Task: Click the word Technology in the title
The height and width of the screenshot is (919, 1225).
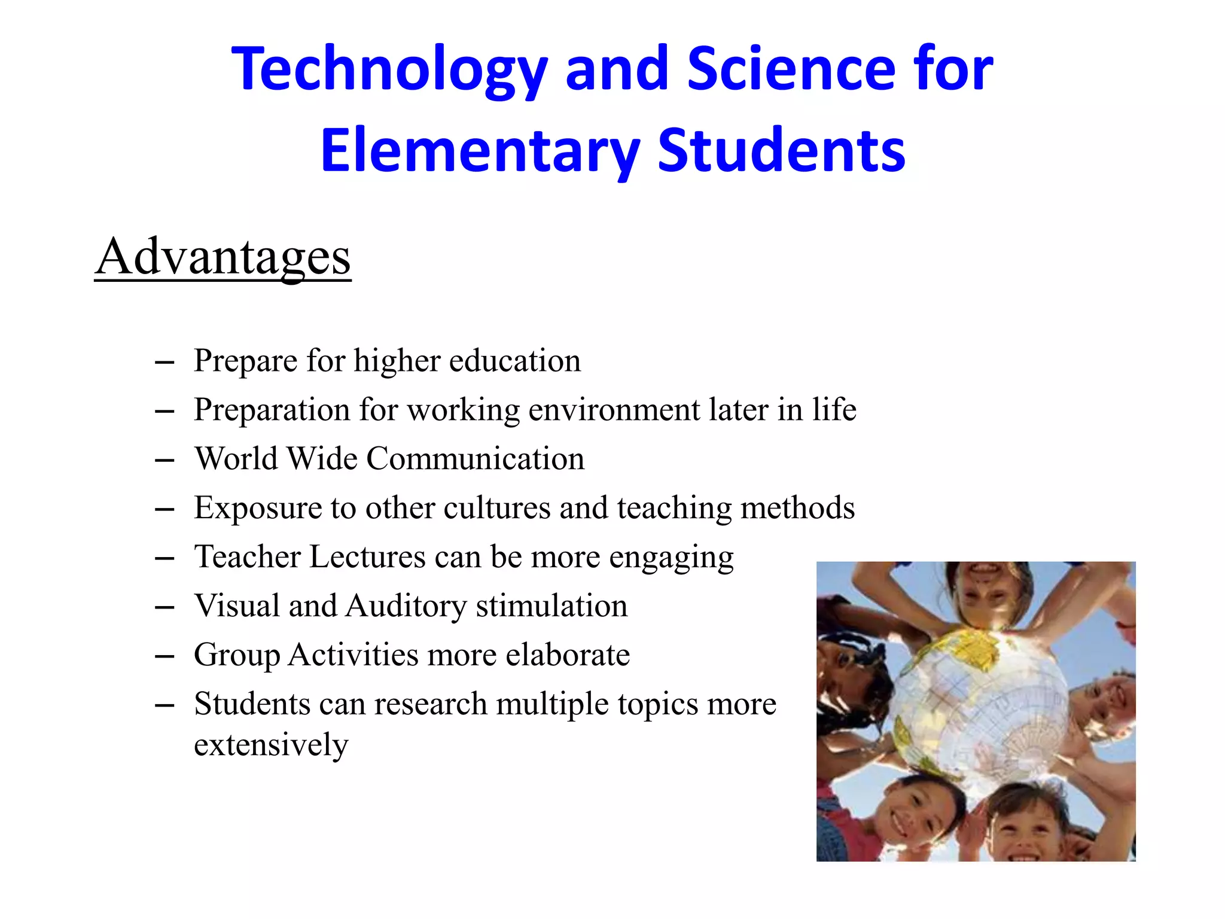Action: point(389,69)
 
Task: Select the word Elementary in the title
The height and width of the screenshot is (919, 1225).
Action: point(480,151)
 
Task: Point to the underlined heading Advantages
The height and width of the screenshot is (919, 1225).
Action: point(223,257)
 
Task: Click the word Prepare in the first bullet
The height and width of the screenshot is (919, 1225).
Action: point(245,361)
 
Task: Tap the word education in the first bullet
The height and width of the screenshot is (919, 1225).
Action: point(515,361)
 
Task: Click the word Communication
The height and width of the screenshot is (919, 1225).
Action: point(475,459)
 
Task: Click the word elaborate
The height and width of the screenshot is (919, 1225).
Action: point(568,655)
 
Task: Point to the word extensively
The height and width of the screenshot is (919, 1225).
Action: point(271,745)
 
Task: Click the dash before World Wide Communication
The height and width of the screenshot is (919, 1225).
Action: point(164,460)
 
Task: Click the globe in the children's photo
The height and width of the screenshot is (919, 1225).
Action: point(981,700)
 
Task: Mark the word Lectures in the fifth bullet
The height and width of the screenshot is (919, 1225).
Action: point(367,557)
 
